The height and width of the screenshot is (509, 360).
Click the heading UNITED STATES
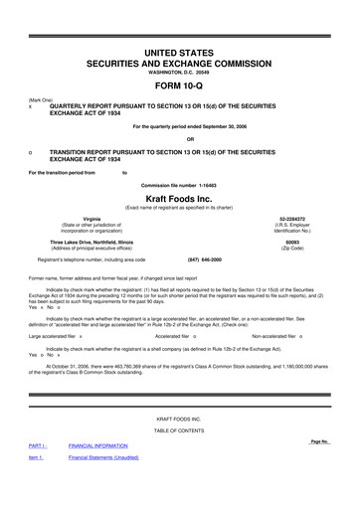point(179,49)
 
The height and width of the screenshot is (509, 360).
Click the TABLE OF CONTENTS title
point(179,458)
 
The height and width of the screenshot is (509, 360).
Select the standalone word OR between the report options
point(179,138)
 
